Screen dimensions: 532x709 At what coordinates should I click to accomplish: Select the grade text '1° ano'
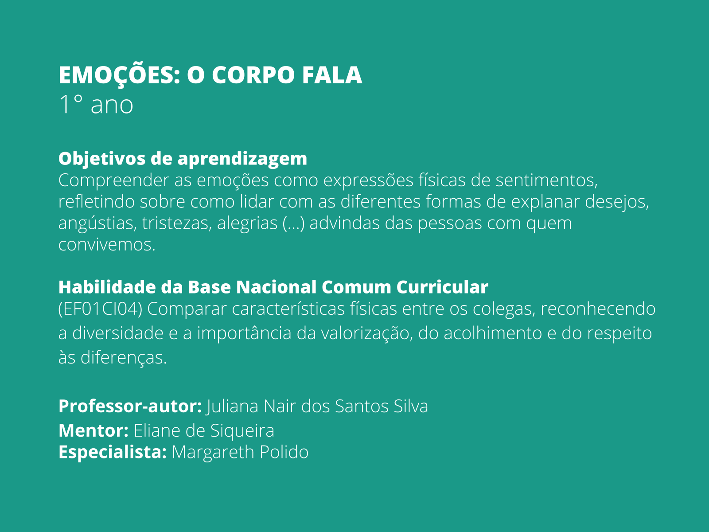point(96,105)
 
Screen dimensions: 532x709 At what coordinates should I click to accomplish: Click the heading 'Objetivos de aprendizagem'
point(183,158)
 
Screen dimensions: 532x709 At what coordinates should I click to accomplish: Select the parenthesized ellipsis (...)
point(293,223)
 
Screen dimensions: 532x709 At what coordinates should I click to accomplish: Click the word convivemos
point(107,244)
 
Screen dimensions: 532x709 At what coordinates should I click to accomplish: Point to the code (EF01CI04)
point(100,309)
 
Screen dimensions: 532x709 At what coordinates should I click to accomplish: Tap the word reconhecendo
point(598,309)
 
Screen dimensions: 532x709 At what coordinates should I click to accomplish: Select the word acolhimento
point(493,333)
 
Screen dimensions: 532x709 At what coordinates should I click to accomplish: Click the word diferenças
point(123,357)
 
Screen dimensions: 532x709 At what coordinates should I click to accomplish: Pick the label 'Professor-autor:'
point(130,406)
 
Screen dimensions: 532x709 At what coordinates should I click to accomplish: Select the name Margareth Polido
point(240,452)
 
